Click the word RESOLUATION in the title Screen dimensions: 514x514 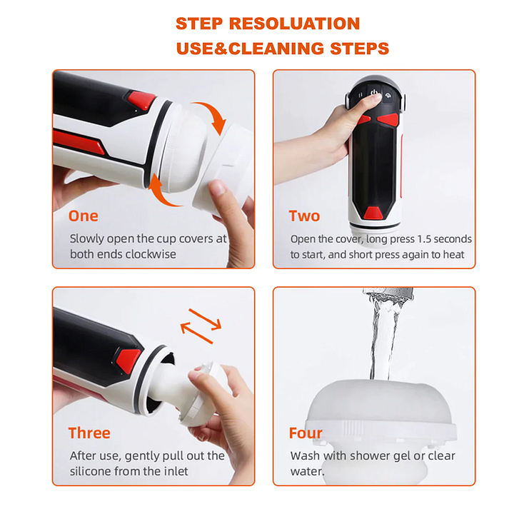point(294,24)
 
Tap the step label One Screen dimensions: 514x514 point(84,216)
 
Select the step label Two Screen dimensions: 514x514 point(304,216)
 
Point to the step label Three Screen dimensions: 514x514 point(89,433)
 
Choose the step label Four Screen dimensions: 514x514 point(306,433)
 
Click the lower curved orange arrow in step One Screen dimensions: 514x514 point(161,193)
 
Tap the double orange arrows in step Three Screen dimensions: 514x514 point(201,326)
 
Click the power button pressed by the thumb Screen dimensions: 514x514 point(373,93)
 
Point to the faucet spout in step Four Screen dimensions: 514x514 point(388,294)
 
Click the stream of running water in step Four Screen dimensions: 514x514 point(383,341)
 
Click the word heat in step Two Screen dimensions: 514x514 point(454,255)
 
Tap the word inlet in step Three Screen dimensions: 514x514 point(176,471)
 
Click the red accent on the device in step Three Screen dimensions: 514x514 point(128,361)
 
